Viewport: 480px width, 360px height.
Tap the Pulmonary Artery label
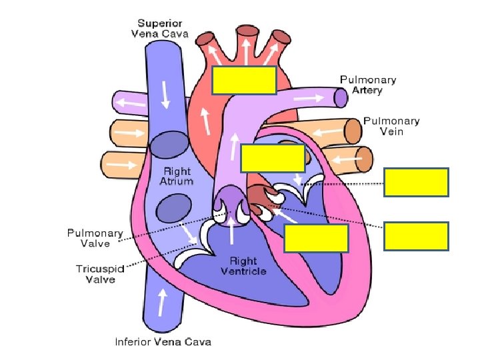368,85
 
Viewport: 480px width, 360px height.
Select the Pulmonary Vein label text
391,126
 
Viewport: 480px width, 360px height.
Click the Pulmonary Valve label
95,238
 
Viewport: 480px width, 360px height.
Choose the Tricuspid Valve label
95,274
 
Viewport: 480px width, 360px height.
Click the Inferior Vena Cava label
163,342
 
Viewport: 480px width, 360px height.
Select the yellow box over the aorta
244,80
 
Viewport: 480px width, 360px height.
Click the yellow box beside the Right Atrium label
273,158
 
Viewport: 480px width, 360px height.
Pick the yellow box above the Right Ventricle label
316,238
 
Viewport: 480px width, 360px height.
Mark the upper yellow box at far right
416,182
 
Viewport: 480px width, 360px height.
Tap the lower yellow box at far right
416,237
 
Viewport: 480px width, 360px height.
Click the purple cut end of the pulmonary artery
341,98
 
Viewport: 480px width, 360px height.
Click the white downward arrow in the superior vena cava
165,95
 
